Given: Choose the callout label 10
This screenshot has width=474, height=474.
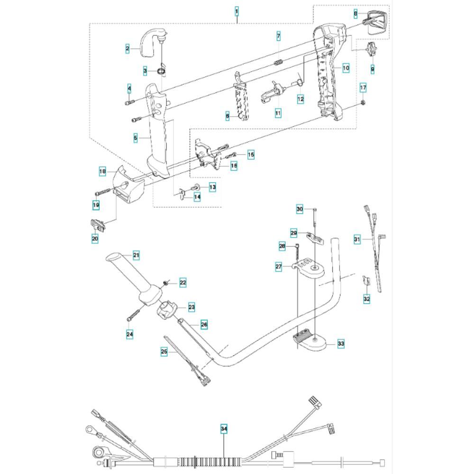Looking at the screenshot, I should [x=346, y=68].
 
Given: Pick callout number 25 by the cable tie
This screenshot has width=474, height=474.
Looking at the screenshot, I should [x=164, y=352].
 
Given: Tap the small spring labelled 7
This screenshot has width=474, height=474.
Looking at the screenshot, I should [x=279, y=62].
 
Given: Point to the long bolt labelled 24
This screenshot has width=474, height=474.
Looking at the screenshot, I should [x=133, y=313].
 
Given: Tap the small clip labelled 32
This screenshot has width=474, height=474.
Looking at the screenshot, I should [x=366, y=281].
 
